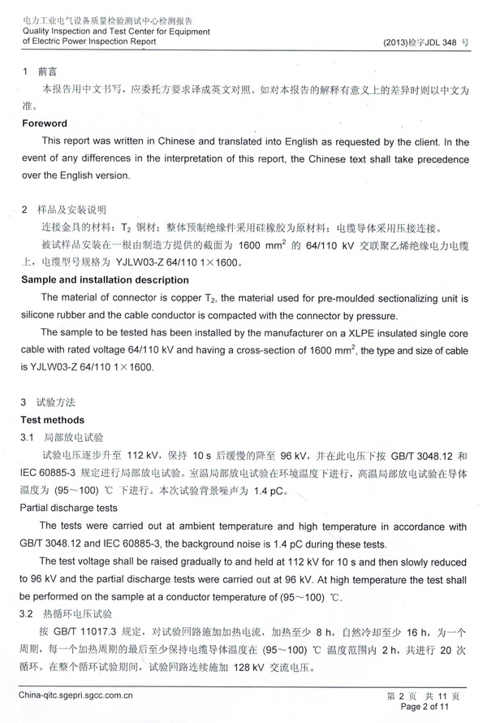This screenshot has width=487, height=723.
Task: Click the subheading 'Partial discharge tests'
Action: click(x=71, y=509)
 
